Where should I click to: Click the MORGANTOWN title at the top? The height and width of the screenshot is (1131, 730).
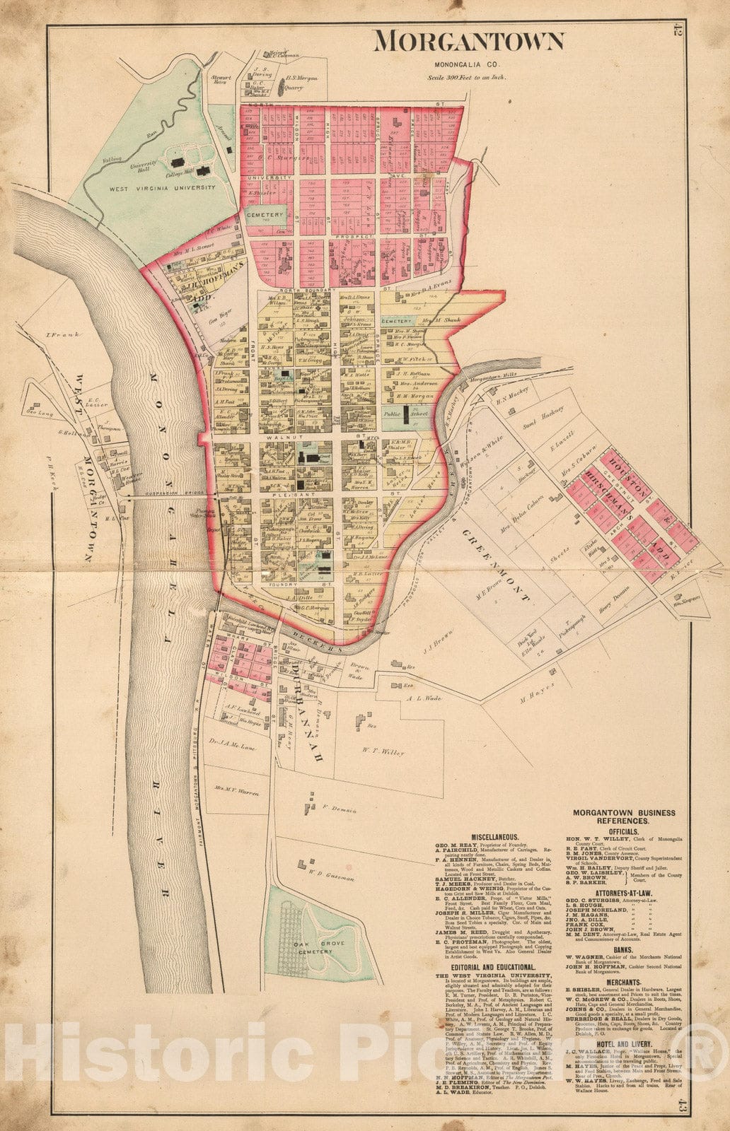coord(469,42)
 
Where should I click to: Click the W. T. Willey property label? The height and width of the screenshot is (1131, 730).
coord(384,753)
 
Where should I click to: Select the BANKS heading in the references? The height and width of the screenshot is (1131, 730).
coord(622,951)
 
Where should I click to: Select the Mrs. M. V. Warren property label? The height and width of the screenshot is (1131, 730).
coord(237,792)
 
